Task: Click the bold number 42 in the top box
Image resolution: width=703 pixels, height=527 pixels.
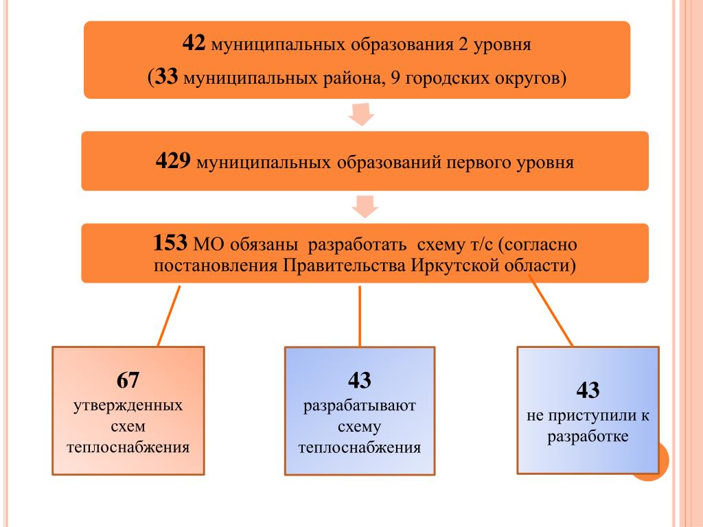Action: pos(193,45)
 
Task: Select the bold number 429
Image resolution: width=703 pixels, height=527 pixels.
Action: pos(172,163)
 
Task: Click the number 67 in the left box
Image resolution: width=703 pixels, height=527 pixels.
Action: pos(128,379)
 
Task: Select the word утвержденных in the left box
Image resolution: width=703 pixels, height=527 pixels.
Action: pos(128,405)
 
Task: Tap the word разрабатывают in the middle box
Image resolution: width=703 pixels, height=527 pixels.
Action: pos(360,405)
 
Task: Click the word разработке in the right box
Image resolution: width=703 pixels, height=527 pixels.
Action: pos(588,437)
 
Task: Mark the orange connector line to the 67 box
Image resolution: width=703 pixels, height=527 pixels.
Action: pos(169,316)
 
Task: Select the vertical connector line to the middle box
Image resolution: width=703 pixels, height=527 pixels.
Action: pos(360,316)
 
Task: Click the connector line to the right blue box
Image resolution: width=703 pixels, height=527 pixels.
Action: pos(552,314)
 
